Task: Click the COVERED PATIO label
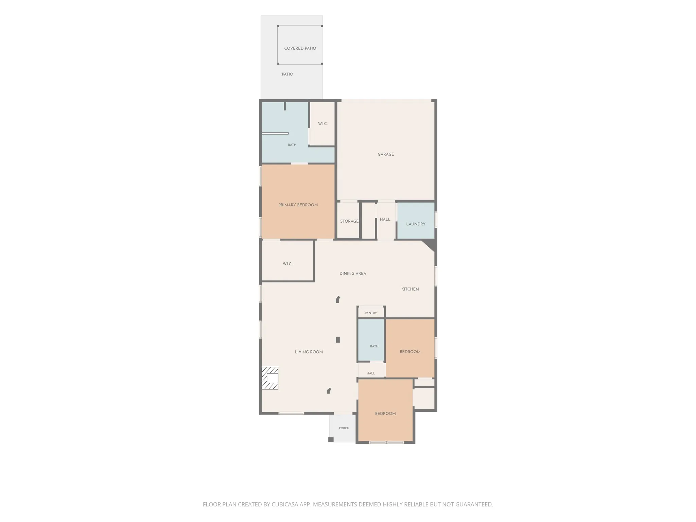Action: (300, 48)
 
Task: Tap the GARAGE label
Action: (386, 154)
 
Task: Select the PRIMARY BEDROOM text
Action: (298, 205)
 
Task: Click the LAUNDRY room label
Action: (416, 224)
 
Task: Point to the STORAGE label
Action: (349, 221)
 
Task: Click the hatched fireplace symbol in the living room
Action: (270, 378)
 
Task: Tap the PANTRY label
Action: (371, 313)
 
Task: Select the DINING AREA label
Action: (353, 274)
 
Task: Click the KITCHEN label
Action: (410, 289)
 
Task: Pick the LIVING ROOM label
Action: (309, 352)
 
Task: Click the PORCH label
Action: (344, 428)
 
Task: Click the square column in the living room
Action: (338, 340)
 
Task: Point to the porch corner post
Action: (331, 439)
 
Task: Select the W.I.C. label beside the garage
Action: (323, 124)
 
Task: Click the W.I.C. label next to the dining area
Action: (288, 264)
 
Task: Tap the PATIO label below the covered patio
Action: (288, 74)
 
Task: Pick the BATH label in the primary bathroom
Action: (292, 145)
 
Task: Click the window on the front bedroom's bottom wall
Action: (386, 442)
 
